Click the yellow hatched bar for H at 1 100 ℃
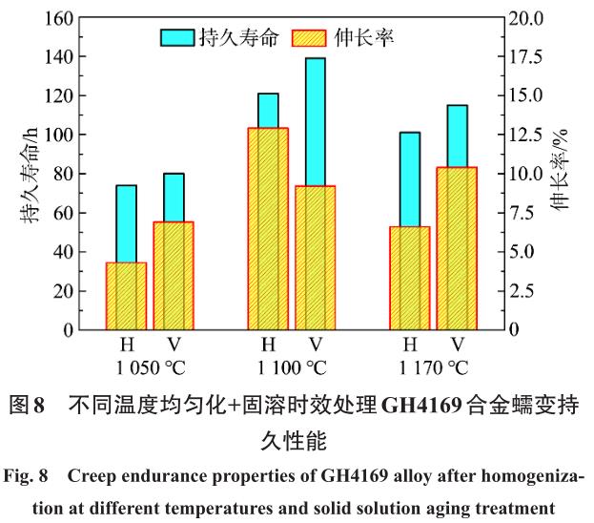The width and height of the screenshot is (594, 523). [268, 229]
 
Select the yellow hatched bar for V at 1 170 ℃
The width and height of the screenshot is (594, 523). [457, 248]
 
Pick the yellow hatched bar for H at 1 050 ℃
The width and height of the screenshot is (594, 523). [126, 296]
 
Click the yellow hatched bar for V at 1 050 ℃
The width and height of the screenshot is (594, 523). [173, 276]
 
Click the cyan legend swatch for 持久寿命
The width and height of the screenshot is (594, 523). [177, 38]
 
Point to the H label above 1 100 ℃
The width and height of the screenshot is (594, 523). [268, 345]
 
